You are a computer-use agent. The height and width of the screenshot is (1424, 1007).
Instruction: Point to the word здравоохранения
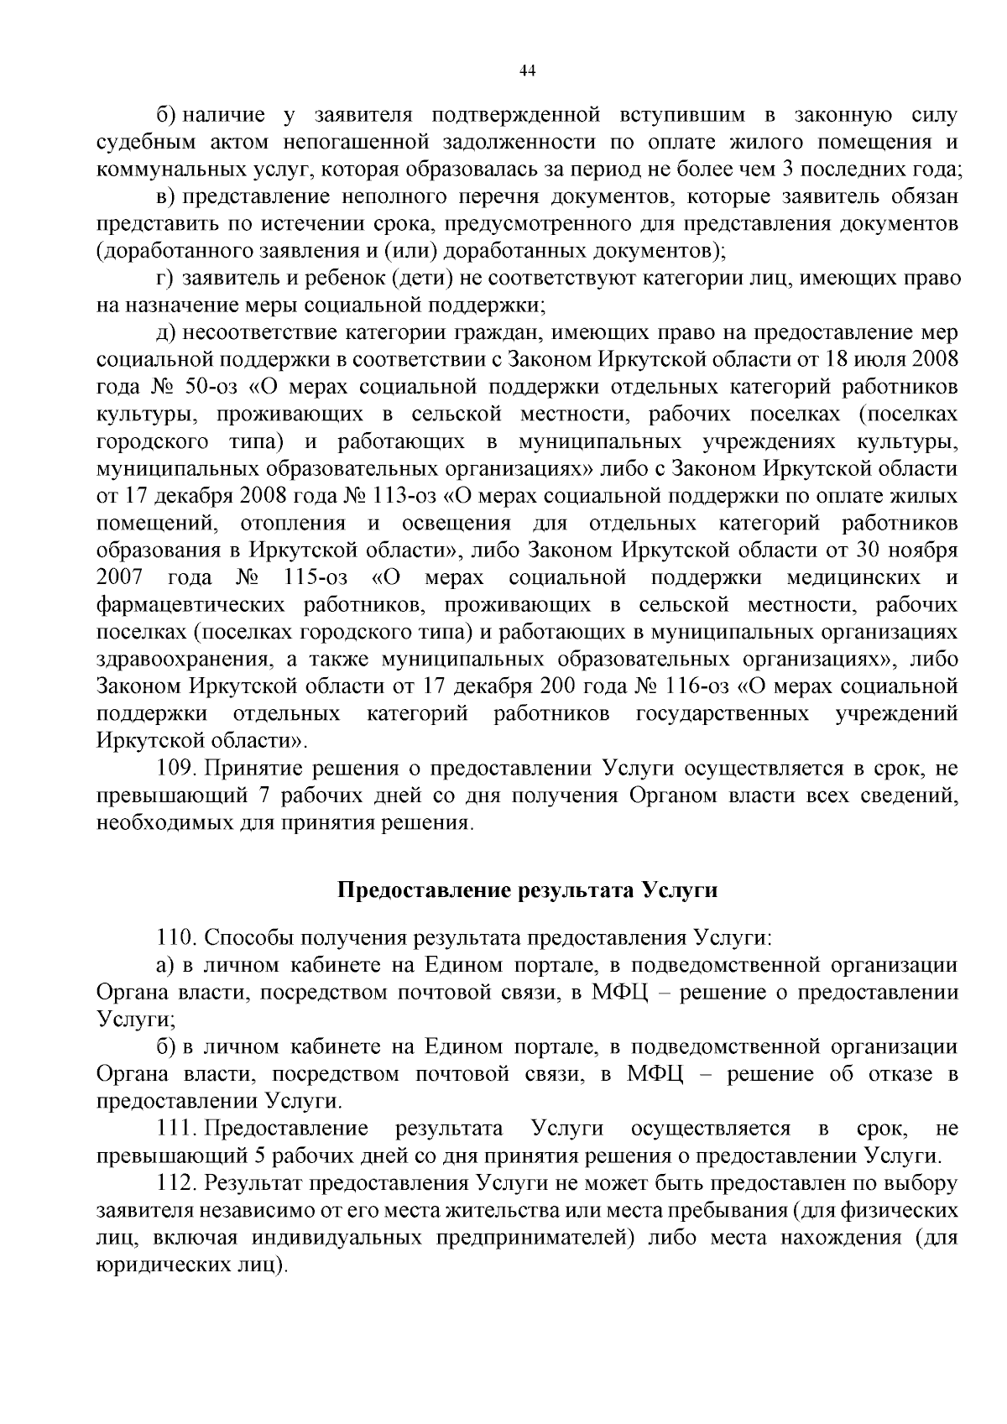(185, 660)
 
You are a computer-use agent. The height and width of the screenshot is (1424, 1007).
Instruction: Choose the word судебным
(137, 142)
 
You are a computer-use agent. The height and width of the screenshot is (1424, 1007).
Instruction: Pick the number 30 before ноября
(880, 550)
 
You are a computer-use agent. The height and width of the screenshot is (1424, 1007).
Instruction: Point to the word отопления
(293, 524)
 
